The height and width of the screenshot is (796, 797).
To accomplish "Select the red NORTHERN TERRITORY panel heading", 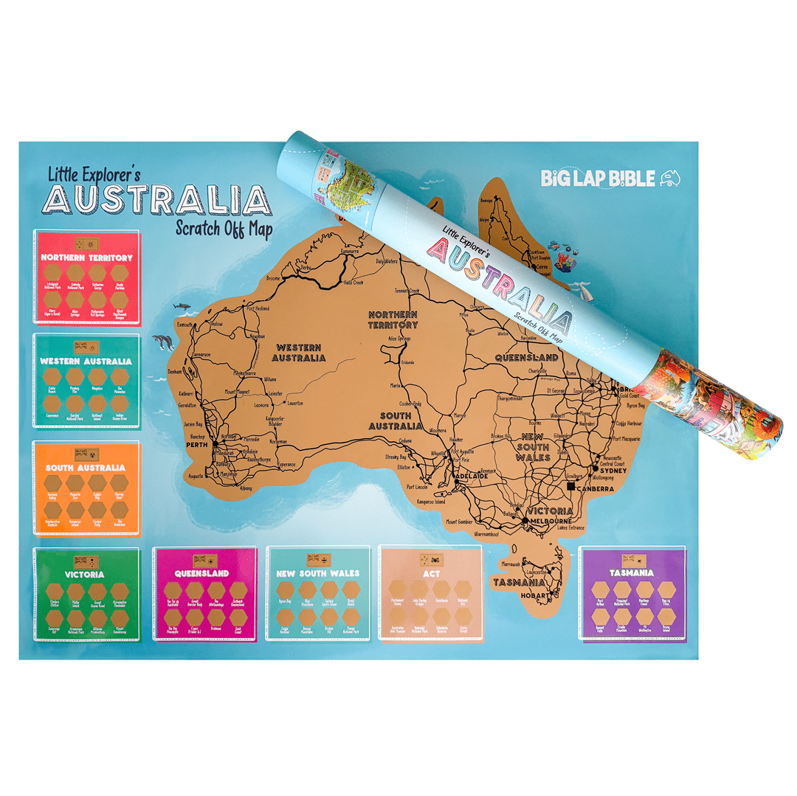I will pyautogui.click(x=86, y=258).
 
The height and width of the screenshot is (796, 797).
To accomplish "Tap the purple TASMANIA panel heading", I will pyautogui.click(x=632, y=572).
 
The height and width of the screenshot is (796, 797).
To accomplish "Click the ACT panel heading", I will pyautogui.click(x=429, y=572).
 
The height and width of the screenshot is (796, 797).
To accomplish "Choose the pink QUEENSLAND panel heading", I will pyautogui.click(x=202, y=573).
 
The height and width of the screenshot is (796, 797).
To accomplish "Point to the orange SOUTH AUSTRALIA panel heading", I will pyautogui.click(x=86, y=468).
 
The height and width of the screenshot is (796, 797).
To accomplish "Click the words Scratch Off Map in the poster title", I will pyautogui.click(x=224, y=228).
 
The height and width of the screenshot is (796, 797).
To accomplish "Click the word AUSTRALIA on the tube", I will pyautogui.click(x=497, y=287).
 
